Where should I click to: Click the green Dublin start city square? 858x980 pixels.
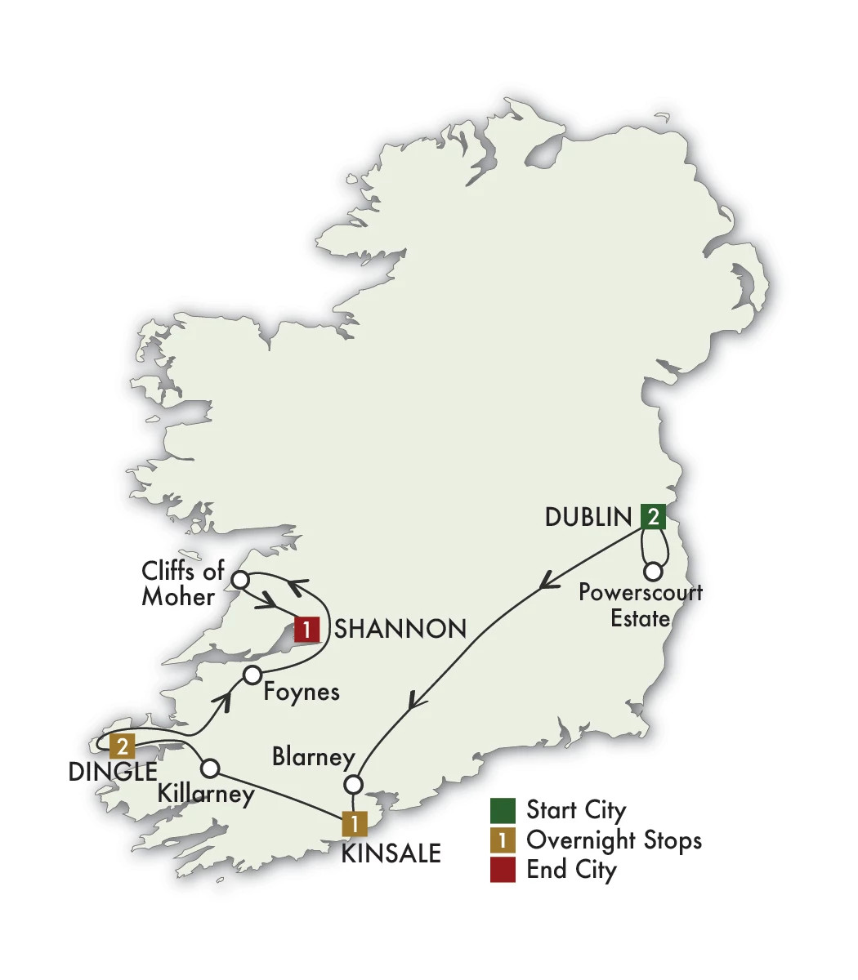click(653, 516)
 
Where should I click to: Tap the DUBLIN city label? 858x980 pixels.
click(588, 517)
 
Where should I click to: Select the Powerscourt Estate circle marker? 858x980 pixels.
click(653, 572)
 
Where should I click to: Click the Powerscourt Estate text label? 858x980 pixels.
click(641, 605)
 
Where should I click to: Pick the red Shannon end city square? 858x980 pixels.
click(306, 629)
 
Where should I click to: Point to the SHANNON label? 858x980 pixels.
click(400, 629)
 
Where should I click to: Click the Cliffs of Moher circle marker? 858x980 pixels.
click(240, 580)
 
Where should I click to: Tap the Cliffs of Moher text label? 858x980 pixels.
click(181, 583)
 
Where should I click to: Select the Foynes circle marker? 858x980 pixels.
click(252, 675)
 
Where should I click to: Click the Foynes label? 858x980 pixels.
click(302, 692)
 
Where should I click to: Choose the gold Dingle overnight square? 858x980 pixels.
click(123, 746)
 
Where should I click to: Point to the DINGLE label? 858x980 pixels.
click(113, 772)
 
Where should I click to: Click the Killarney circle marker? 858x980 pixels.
click(210, 768)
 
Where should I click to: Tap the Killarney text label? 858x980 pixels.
click(206, 794)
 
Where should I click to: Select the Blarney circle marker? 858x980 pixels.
click(353, 785)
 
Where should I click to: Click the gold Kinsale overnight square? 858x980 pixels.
click(354, 823)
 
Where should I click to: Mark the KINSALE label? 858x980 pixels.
click(391, 853)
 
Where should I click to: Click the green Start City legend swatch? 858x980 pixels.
click(503, 810)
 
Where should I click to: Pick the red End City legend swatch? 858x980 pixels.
click(503, 870)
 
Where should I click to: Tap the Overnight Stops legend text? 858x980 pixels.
click(614, 840)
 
